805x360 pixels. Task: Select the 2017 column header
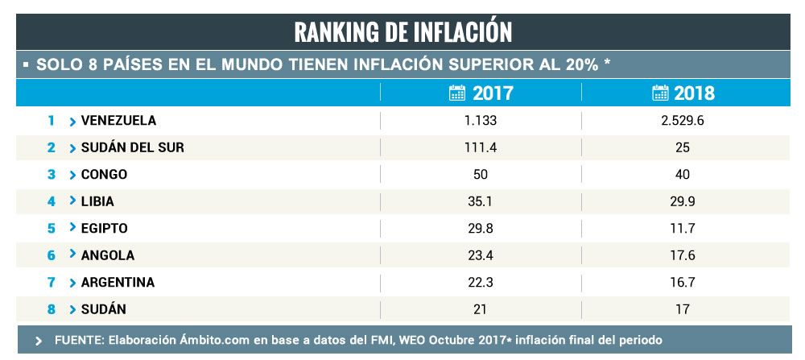[492, 93]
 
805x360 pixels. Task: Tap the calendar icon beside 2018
[660, 93]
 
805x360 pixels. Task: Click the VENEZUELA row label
[118, 121]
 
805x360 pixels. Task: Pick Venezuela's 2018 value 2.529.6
[683, 121]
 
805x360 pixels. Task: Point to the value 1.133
[481, 121]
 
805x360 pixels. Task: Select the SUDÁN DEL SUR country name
[132, 147]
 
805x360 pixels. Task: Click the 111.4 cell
[481, 147]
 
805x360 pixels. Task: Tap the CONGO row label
[104, 175]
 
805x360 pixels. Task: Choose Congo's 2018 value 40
[683, 175]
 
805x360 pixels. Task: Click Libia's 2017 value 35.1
[481, 201]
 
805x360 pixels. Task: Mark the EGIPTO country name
[104, 228]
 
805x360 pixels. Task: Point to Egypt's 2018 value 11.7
[683, 228]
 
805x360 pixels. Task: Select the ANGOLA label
[107, 254]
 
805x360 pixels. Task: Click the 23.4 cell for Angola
[481, 254]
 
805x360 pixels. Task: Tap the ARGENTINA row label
[118, 282]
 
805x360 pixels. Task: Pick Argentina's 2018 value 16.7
[683, 282]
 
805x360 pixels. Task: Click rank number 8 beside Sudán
[51, 308]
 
